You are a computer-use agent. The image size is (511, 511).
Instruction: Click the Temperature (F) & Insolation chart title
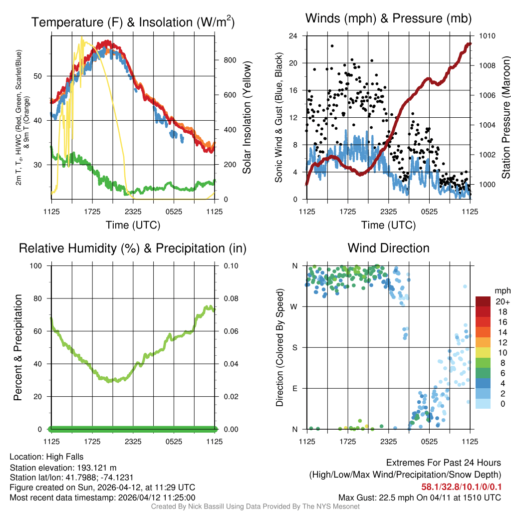[133, 22]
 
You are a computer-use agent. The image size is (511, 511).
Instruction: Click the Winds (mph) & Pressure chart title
[388, 19]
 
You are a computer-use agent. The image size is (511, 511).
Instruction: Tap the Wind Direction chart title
[388, 248]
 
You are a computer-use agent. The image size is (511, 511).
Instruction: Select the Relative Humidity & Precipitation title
[133, 248]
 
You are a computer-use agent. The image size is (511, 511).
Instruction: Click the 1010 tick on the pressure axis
[487, 36]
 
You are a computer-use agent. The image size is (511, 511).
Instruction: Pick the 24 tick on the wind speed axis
[294, 36]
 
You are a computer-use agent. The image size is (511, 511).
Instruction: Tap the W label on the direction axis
[295, 306]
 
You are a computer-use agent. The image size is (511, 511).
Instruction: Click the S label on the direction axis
[295, 347]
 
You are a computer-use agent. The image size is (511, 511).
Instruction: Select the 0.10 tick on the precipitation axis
[231, 265]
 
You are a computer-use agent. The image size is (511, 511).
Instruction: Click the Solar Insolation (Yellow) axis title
[247, 117]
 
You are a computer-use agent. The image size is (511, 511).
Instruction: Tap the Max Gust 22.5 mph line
[419, 498]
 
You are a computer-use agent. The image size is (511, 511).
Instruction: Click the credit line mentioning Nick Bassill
[255, 507]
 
